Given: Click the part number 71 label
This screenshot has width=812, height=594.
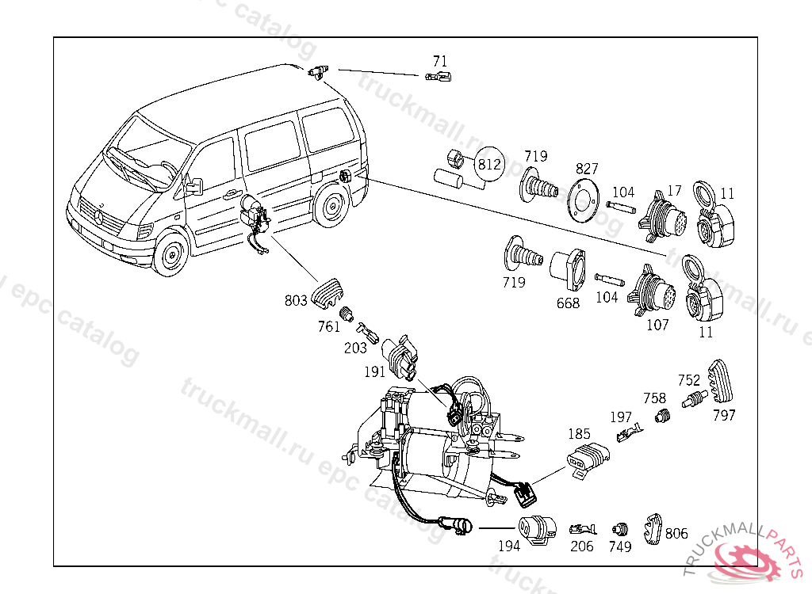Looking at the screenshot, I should [x=440, y=61].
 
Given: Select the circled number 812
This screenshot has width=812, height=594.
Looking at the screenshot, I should [x=489, y=165].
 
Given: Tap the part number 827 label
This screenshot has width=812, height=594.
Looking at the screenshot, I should [x=588, y=169].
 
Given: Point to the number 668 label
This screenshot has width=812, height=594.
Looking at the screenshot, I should [x=568, y=303].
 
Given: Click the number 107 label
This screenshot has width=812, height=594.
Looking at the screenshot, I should [x=657, y=325].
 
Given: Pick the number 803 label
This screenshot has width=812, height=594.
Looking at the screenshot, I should [x=296, y=300].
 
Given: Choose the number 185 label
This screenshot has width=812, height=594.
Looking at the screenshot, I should [x=580, y=434].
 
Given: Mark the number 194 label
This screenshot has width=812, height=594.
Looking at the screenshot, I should [x=509, y=546].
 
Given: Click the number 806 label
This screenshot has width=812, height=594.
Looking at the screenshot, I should [x=676, y=534].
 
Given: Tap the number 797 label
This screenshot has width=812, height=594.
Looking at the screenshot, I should [x=723, y=415].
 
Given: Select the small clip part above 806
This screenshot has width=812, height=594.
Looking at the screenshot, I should [x=653, y=526].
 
